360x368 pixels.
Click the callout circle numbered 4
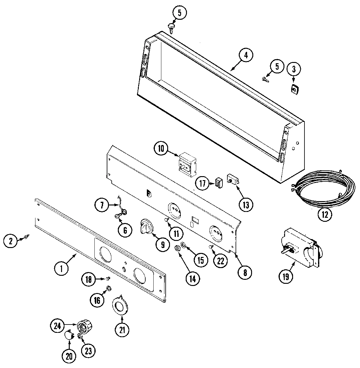pyautogui.click(x=246, y=56)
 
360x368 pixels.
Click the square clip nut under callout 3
pyautogui.click(x=295, y=89)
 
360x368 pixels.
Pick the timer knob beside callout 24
pyautogui.click(x=85, y=325)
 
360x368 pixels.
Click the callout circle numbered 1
pyautogui.click(x=62, y=268)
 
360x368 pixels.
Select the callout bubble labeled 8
pyautogui.click(x=245, y=272)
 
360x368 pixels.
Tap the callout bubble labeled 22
pyautogui.click(x=220, y=261)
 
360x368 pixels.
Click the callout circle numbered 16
pyautogui.click(x=97, y=300)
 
